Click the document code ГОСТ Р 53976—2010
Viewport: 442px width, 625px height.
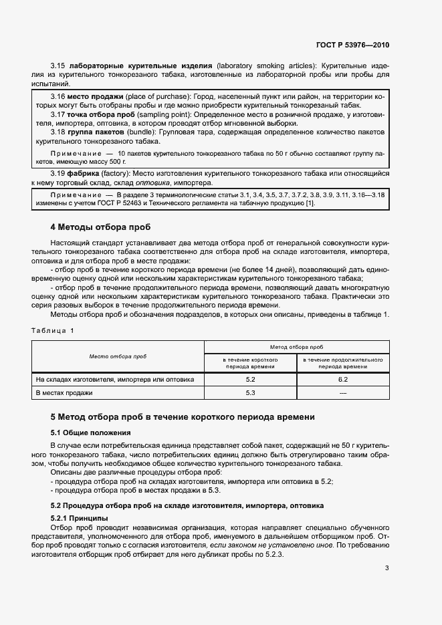pos(352,45)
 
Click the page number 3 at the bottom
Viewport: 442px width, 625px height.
pos(387,569)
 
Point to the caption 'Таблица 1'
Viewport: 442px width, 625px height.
pos(53,330)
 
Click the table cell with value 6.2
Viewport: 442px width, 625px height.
pos(343,380)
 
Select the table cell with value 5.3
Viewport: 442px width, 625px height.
pos(251,393)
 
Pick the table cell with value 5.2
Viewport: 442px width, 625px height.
pos(251,380)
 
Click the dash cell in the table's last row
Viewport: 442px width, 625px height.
pos(343,393)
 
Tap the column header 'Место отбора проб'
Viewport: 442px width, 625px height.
pos(118,357)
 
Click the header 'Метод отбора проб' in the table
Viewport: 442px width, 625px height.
pos(296,348)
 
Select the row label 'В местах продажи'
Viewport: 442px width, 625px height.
pos(64,393)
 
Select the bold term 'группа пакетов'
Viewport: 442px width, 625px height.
pos(97,133)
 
